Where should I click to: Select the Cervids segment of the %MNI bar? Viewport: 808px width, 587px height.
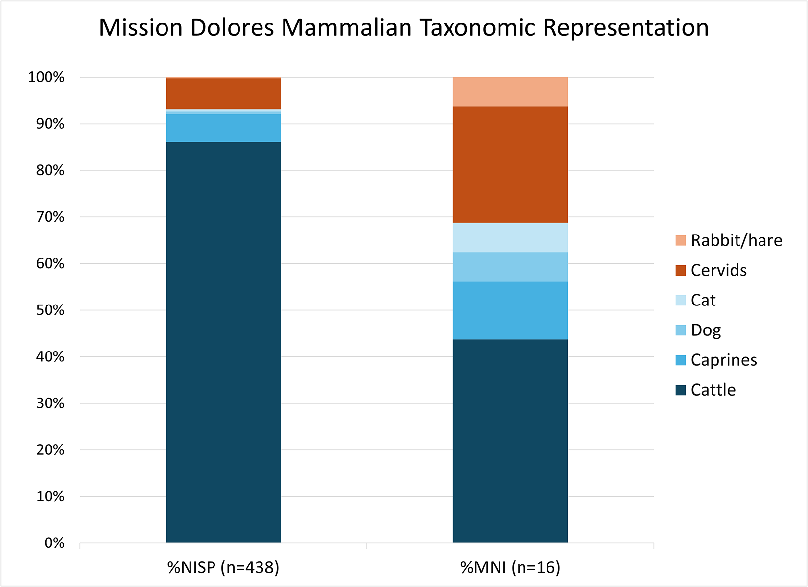[510, 164]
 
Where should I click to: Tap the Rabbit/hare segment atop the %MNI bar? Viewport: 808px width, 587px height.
[510, 92]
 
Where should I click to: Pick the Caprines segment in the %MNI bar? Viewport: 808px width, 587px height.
[510, 310]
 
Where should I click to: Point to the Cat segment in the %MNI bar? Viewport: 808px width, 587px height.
[510, 237]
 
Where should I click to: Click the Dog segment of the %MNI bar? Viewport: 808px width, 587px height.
[510, 267]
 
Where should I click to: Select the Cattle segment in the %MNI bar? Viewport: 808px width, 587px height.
[510, 441]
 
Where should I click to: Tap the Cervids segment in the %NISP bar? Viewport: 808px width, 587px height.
[223, 94]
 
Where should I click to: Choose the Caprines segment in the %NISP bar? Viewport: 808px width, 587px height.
[223, 128]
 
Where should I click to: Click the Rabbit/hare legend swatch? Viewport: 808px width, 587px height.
[680, 240]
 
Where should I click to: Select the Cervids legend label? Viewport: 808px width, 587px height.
[718, 270]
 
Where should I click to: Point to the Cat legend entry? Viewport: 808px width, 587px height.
[703, 300]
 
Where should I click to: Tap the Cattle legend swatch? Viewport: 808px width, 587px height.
[680, 390]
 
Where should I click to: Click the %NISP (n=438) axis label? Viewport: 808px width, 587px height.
[223, 567]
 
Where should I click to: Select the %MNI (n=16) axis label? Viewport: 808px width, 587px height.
[510, 567]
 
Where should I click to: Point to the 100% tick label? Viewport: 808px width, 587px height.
[47, 77]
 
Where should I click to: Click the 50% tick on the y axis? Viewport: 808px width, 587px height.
[50, 310]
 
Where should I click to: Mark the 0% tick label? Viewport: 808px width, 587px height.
[54, 542]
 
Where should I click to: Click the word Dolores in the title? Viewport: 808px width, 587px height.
[232, 28]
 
